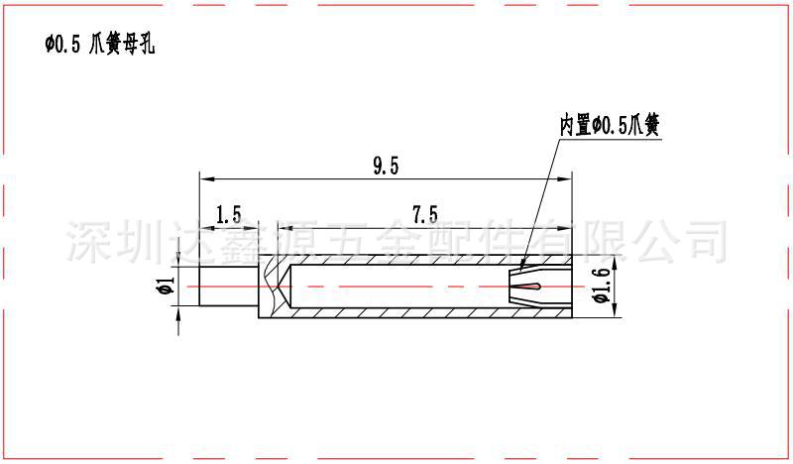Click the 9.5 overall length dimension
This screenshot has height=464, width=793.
387,167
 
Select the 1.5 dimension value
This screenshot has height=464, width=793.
228,214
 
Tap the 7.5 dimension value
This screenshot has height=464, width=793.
425,214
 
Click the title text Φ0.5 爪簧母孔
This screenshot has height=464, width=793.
99,45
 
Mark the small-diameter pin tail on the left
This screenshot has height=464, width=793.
228,288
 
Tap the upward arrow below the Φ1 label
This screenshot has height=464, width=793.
179,314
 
